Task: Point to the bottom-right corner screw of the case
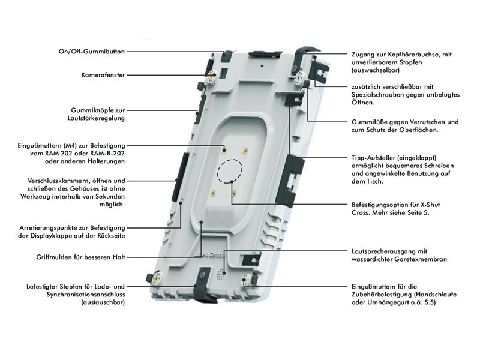[247, 279]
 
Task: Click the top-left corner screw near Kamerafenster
[211, 76]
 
